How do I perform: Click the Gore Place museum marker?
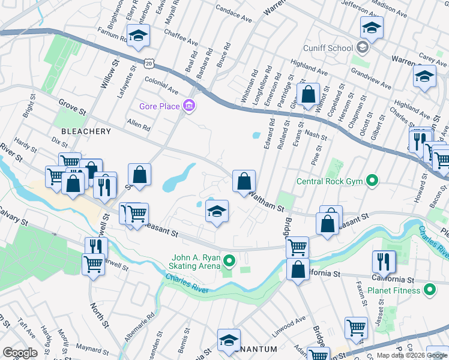coord(190,106)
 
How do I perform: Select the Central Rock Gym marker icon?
coord(372,180)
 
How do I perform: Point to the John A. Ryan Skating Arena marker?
coord(228,260)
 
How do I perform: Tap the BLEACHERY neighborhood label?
coord(85,131)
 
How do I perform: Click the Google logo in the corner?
coord(20,352)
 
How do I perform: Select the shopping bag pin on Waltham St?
coord(244,181)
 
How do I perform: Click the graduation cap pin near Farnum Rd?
coord(139,36)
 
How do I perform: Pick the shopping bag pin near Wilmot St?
coord(308,94)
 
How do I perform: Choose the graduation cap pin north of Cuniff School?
coord(372,27)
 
